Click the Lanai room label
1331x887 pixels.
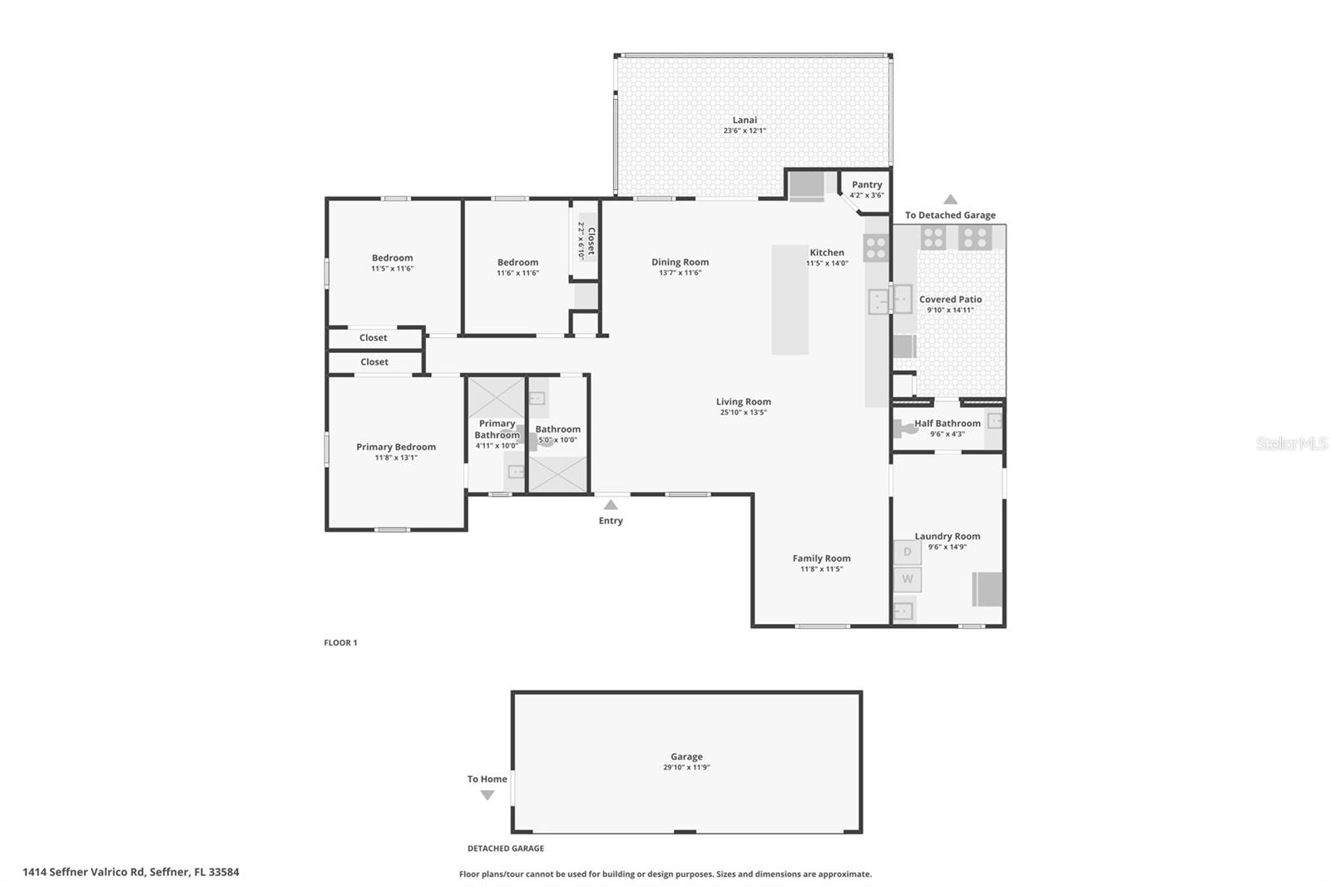pos(745,120)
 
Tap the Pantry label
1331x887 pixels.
pos(866,185)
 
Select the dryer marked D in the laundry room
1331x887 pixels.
pos(908,552)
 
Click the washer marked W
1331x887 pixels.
pos(908,579)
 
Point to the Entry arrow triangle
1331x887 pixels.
pos(611,504)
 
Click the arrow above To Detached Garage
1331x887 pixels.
pos(950,200)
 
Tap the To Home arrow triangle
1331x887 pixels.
pos(487,795)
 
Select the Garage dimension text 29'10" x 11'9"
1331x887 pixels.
pos(686,768)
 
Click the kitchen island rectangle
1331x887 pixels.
pos(789,300)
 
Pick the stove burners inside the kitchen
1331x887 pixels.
pos(876,247)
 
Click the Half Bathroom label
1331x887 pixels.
pos(948,423)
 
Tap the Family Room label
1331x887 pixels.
pos(821,558)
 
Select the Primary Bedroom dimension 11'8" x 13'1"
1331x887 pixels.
pos(396,458)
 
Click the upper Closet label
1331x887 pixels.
pos(374,338)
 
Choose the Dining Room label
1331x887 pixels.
pos(680,262)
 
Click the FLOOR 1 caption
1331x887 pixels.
pos(340,642)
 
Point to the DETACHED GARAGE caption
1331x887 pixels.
pos(506,849)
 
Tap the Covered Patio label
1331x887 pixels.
pos(950,300)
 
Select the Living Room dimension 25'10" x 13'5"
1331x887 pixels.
pos(743,413)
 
